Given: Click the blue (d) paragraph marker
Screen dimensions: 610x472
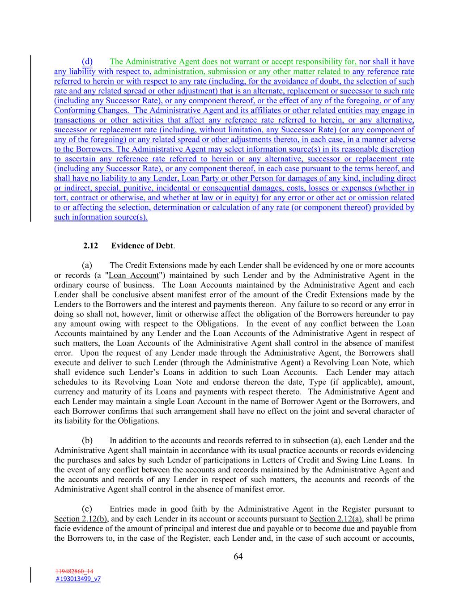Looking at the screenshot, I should [87, 61].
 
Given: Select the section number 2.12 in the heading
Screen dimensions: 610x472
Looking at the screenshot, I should [90, 246].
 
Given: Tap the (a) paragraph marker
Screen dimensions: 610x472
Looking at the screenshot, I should [87, 265].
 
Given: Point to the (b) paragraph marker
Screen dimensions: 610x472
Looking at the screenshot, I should [87, 441].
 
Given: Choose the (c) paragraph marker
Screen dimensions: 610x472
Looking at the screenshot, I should [87, 509].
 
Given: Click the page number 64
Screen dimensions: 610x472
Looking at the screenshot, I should [238, 556].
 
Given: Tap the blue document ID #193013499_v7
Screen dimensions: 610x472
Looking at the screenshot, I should [78, 579].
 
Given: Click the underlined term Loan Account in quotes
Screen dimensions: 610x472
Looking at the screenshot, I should [134, 275].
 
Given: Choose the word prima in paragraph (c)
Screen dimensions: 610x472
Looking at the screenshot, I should [406, 519].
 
